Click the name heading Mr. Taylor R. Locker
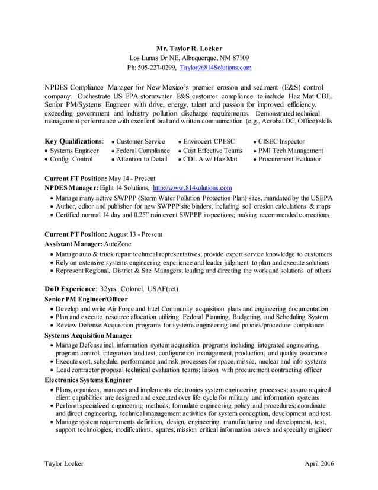189,48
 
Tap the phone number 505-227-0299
155,68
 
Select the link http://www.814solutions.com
192,187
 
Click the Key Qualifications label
73,141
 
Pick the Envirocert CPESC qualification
209,141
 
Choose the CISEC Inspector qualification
281,141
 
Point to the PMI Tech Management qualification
290,151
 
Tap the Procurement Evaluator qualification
289,159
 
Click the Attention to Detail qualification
142,159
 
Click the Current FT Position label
75,179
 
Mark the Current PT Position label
75,234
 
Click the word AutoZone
118,244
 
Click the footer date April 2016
319,463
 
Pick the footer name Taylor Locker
65,463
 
